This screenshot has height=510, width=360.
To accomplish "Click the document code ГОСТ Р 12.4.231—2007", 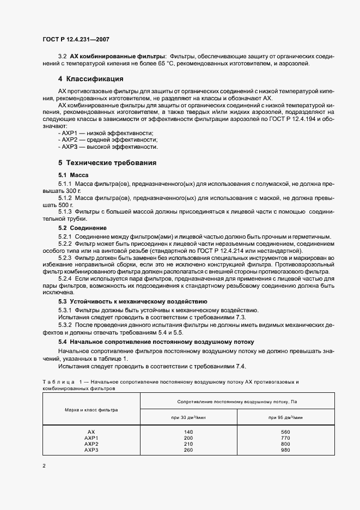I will coord(76,39).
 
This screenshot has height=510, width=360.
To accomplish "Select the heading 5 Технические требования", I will coord(107,162).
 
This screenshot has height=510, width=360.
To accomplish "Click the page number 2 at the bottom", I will coord(44,466).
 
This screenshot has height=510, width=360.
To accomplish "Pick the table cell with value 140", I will coord(189,432).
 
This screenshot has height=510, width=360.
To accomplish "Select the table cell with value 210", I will coord(189,444).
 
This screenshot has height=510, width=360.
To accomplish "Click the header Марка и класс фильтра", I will coord(91,409).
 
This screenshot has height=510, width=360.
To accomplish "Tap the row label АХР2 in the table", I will coord(91,444).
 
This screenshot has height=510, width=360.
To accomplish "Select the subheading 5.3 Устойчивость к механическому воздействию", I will coord(132,301).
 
